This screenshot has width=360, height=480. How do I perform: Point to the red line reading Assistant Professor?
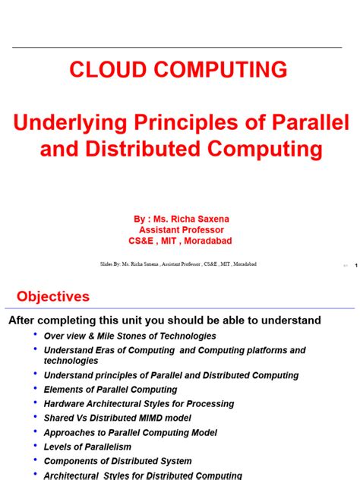[181, 230]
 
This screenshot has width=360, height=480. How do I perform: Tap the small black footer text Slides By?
[115, 264]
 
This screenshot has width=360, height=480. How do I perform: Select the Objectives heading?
[53, 296]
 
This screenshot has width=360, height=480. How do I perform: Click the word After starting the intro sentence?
[25, 321]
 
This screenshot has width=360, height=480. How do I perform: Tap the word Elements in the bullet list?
[64, 390]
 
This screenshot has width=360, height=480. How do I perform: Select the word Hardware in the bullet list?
[65, 404]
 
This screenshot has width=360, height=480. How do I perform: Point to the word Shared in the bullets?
[60, 418]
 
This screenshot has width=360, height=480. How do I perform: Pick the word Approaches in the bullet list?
[70, 433]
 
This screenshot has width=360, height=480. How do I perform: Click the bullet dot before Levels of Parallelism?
[34, 446]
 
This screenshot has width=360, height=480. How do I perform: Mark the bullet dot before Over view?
[34, 334]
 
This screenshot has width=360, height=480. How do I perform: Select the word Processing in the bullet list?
[210, 404]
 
